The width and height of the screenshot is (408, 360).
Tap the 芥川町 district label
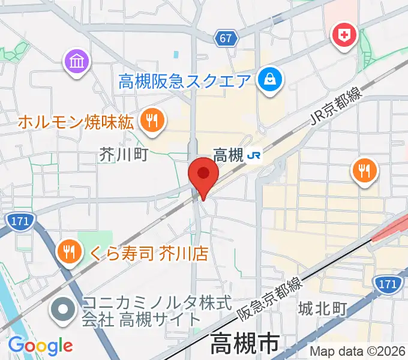point(124,155)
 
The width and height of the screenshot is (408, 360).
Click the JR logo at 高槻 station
point(254,156)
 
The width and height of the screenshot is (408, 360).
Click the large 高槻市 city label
point(244,344)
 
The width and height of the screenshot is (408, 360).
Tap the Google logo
point(40,346)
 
